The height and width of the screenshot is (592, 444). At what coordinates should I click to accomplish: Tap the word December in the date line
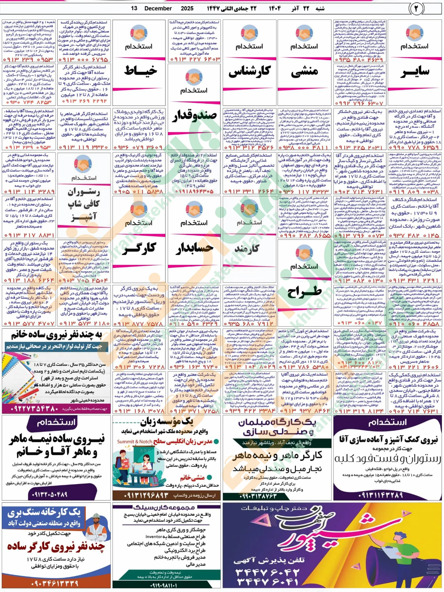tap(158, 8)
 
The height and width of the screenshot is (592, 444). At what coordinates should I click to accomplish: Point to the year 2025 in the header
tap(187, 8)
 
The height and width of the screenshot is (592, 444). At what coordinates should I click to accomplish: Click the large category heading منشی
tap(304, 72)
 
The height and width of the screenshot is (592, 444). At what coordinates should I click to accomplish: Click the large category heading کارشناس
tap(249, 72)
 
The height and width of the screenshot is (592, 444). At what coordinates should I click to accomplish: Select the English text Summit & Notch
tap(134, 442)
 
